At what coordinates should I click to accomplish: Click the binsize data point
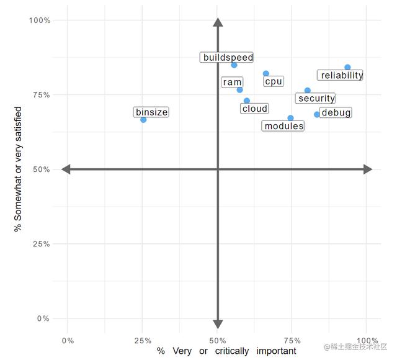tap(143, 119)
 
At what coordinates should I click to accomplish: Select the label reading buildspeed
tap(228, 58)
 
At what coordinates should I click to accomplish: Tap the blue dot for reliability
tap(347, 67)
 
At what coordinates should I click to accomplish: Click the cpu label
tap(274, 81)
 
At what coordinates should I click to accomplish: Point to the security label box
tap(316, 98)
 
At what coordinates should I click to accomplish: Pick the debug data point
tap(317, 114)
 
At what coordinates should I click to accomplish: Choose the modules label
tap(283, 126)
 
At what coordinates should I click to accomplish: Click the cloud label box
tap(254, 109)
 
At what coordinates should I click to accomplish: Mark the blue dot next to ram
tap(240, 90)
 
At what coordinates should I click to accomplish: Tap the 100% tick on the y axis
tap(40, 20)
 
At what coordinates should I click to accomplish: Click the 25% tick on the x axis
tap(143, 340)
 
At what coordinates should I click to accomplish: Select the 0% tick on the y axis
tap(42, 318)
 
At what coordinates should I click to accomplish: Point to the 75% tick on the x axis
tap(292, 340)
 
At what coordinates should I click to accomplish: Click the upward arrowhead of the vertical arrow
tap(218, 23)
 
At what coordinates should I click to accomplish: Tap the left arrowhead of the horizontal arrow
tap(66, 169)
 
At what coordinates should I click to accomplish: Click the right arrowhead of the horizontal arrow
tap(368, 169)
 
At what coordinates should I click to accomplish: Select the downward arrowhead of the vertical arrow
tap(218, 323)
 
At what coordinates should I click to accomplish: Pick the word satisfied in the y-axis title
tap(19, 128)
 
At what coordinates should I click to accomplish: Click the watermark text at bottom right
tap(355, 346)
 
